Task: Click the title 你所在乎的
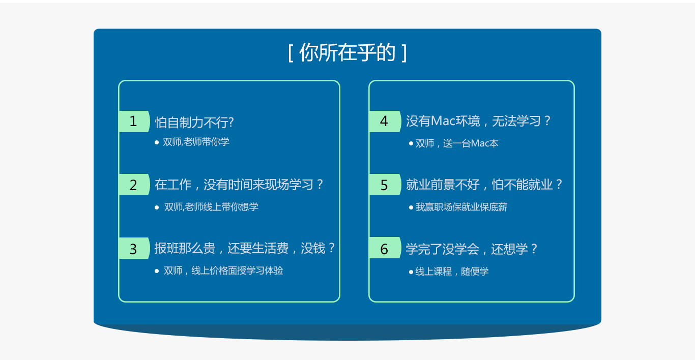347,52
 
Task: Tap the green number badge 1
134,121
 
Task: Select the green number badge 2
134,185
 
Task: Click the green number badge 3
134,248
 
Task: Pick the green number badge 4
385,121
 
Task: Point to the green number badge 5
385,185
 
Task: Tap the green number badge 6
385,248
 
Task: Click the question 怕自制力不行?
194,123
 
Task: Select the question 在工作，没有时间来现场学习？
239,185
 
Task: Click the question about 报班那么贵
245,248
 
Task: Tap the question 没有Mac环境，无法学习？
478,121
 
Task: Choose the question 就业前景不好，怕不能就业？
484,185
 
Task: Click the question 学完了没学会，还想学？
472,249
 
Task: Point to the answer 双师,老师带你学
196,142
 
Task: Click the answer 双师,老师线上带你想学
211,207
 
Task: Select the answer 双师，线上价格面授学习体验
223,271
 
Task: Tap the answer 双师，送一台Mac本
457,143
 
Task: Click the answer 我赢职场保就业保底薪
461,207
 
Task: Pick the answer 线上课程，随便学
452,272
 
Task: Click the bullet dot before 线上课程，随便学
411,272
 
